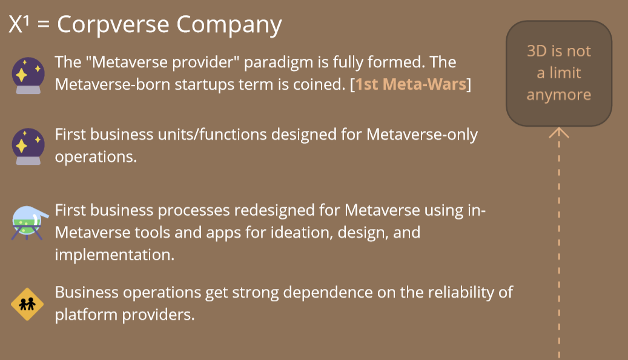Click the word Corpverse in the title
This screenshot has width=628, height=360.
pyautogui.click(x=113, y=25)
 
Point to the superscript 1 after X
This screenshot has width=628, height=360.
pyautogui.click(x=26, y=21)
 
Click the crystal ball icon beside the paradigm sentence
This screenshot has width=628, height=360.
pyautogui.click(x=28, y=75)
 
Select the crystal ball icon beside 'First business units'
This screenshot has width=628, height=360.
pyautogui.click(x=28, y=146)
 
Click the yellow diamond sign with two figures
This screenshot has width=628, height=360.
pyautogui.click(x=27, y=304)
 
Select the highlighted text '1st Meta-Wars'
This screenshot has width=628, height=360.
pyautogui.click(x=411, y=84)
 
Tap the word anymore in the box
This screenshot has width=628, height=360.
pyautogui.click(x=559, y=95)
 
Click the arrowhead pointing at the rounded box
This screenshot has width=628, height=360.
pyautogui.click(x=559, y=132)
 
